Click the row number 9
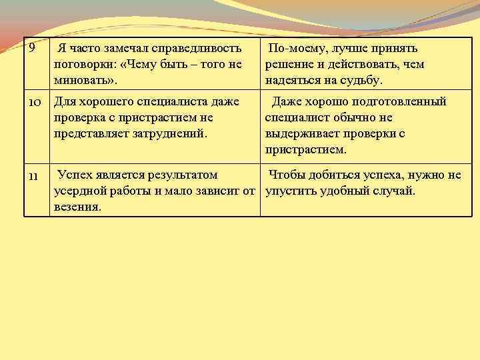coord(31,49)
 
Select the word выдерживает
coord(303,133)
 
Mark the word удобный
coord(348,191)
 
